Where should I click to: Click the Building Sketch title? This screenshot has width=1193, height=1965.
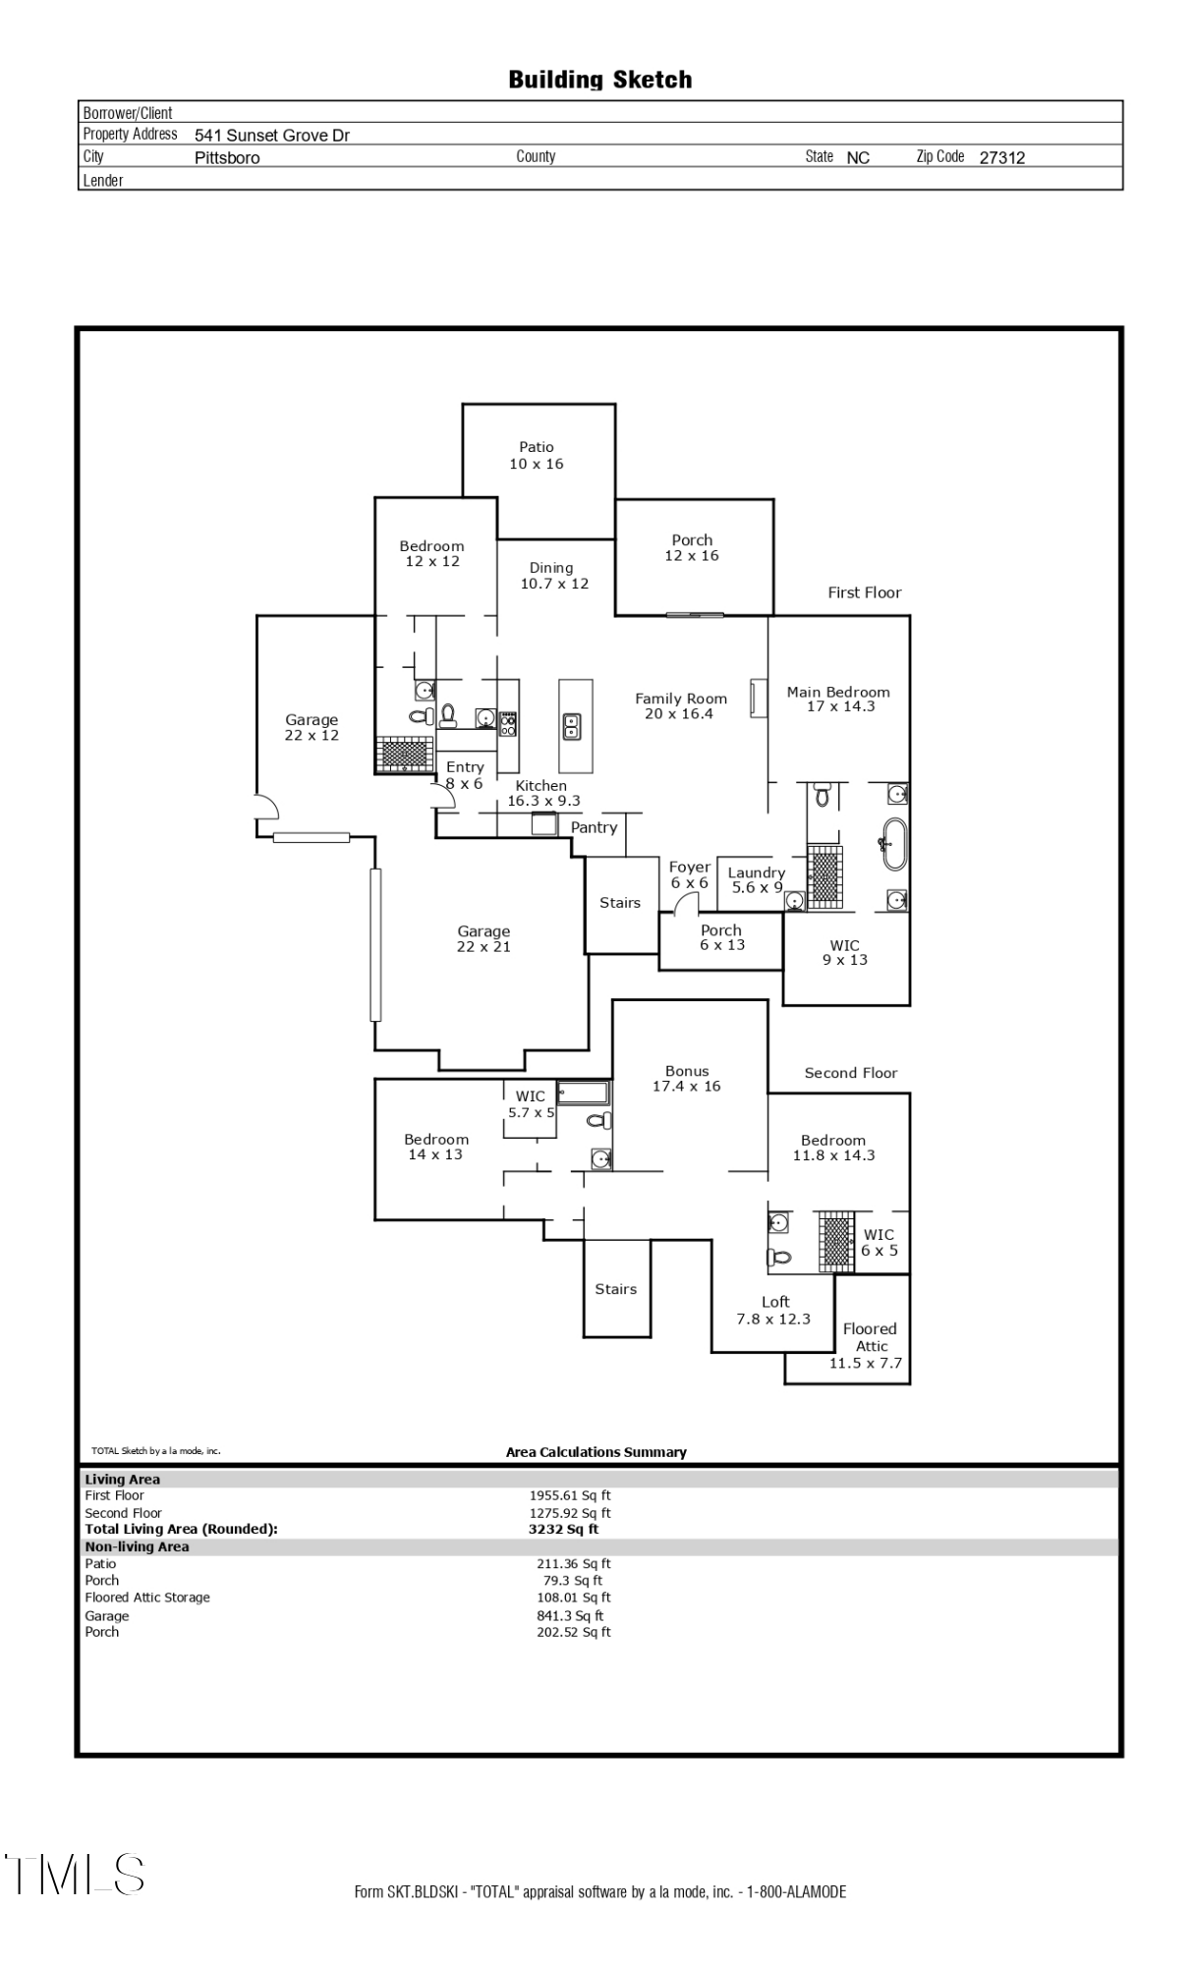pos(599,80)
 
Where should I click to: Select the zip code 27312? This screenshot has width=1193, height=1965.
pos(1001,157)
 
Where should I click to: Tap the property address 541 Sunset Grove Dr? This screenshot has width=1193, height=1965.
pos(271,136)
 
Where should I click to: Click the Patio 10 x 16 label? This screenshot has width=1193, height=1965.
pos(537,456)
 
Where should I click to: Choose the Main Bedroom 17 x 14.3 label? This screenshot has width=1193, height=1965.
pos(838,699)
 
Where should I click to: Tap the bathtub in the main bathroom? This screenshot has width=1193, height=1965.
pos(893,843)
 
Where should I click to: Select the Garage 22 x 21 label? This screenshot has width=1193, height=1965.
pos(483,938)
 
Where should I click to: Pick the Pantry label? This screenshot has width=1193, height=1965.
pos(594,827)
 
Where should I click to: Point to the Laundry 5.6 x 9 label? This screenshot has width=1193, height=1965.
pos(757,879)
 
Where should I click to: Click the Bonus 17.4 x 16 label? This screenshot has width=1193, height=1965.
pos(686,1078)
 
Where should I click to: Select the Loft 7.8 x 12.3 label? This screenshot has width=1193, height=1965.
pos(774,1310)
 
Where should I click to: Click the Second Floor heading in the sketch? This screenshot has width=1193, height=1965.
pos(850,1073)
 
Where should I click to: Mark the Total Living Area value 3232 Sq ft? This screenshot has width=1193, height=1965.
pos(563,1529)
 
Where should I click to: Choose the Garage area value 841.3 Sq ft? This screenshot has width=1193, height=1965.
pos(570,1615)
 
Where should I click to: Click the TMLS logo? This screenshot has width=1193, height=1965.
pos(76,1874)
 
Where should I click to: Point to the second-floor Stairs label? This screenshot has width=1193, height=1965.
pos(615,1289)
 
